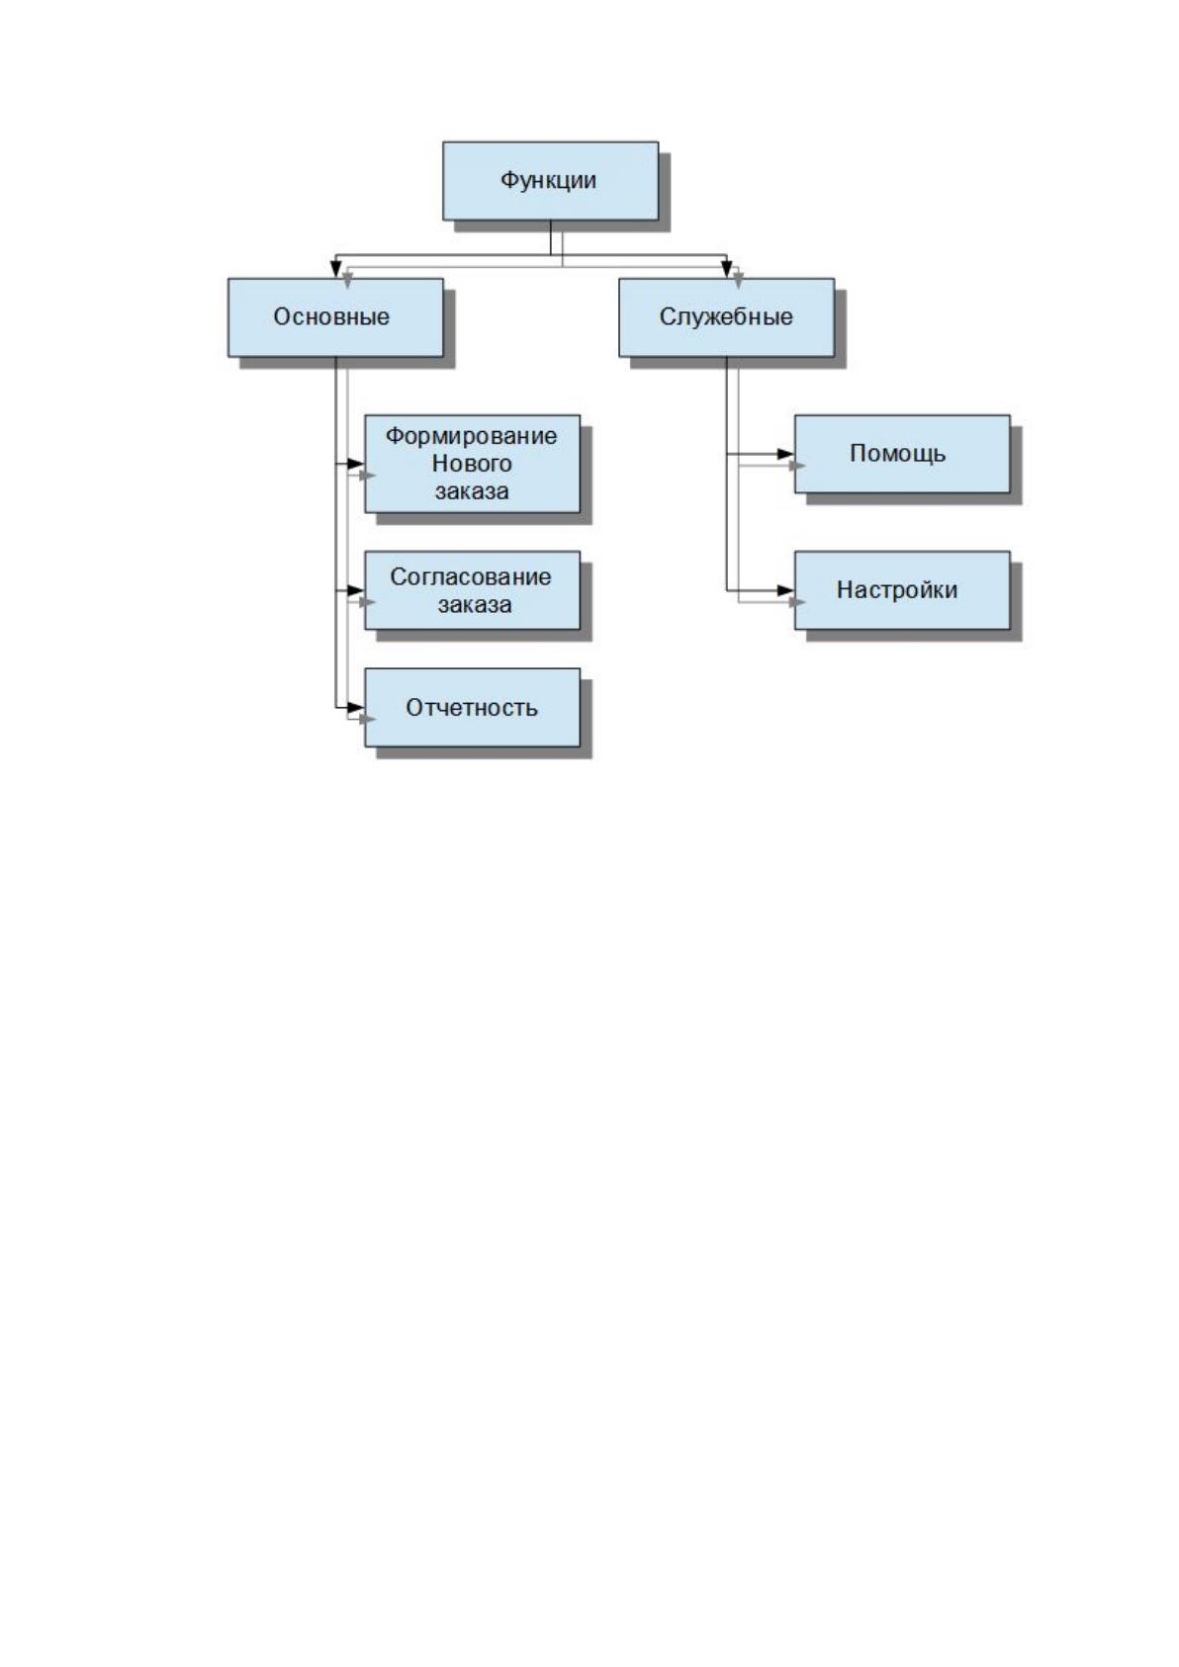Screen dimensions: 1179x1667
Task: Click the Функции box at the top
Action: [x=550, y=181]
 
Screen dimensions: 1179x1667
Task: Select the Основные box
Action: [x=335, y=317]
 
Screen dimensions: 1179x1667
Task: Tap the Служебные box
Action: [x=726, y=317]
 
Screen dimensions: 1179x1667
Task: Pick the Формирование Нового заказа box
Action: [x=472, y=465]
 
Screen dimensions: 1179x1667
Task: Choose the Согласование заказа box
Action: [x=472, y=591]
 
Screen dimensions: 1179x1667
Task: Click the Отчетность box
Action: [x=472, y=708]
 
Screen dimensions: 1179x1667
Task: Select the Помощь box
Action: [x=902, y=454]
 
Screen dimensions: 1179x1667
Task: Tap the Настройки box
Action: [x=902, y=591]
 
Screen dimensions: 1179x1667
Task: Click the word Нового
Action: [x=472, y=464]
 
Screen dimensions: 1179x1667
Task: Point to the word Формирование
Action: [x=471, y=436]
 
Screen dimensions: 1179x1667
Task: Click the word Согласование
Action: [x=471, y=576]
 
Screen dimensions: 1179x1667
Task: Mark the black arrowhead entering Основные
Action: [x=335, y=269]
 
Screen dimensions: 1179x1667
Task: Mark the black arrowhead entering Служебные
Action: [x=726, y=269]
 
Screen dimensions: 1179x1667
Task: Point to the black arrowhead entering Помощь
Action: [x=786, y=454]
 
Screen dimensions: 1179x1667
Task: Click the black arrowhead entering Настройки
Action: [x=786, y=591]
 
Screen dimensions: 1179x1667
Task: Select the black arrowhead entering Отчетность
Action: [x=356, y=708]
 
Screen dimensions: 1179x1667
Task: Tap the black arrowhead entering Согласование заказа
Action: [x=356, y=591]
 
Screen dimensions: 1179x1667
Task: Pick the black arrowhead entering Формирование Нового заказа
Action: [x=356, y=465]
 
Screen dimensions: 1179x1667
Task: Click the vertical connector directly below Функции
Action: [x=550, y=237]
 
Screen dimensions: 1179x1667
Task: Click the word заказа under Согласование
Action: [x=474, y=605]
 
